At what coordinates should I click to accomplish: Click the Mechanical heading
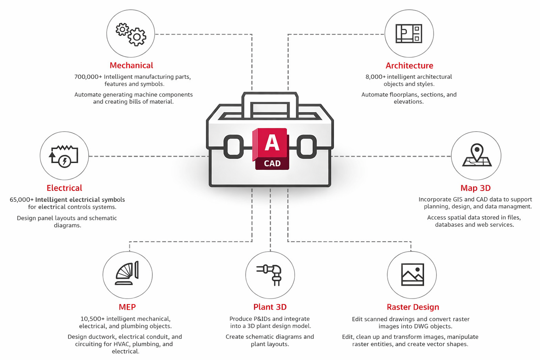131,65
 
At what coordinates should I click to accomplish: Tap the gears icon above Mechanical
131,34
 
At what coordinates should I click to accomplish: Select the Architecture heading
409,66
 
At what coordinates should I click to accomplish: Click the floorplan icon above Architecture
409,34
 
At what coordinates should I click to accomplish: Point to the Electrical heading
64,188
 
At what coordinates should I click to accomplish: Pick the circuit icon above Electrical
64,156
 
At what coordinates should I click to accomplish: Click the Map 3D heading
475,188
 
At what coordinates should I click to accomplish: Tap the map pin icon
476,155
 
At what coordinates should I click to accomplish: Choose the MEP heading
127,307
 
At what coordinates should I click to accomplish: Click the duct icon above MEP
127,274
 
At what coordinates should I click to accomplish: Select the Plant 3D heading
270,307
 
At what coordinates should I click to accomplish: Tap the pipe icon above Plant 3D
270,274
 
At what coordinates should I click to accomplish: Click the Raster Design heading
413,307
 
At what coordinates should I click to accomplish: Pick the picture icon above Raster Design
412,274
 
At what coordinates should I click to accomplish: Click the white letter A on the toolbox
272,142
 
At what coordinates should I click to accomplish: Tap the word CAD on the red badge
272,163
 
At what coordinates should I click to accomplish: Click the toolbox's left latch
233,147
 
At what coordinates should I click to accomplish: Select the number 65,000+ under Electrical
22,200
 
